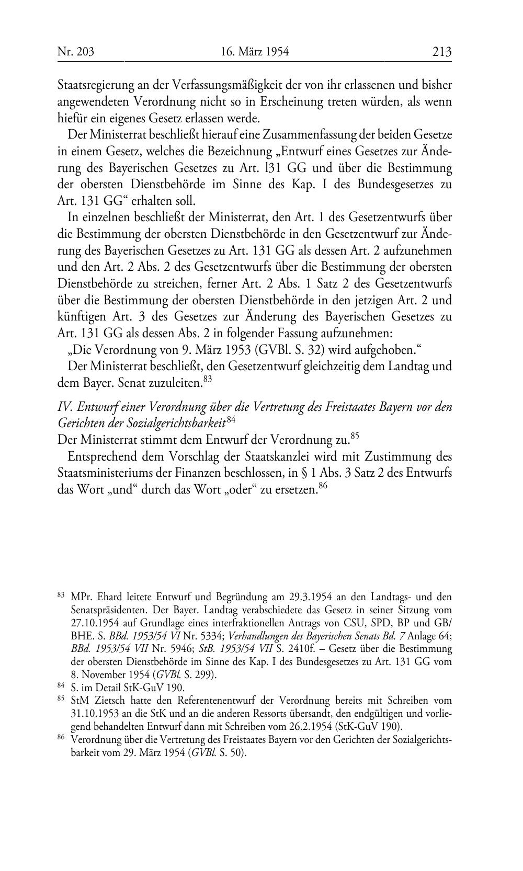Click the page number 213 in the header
coord(441,52)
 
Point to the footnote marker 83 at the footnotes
coord(61,595)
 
